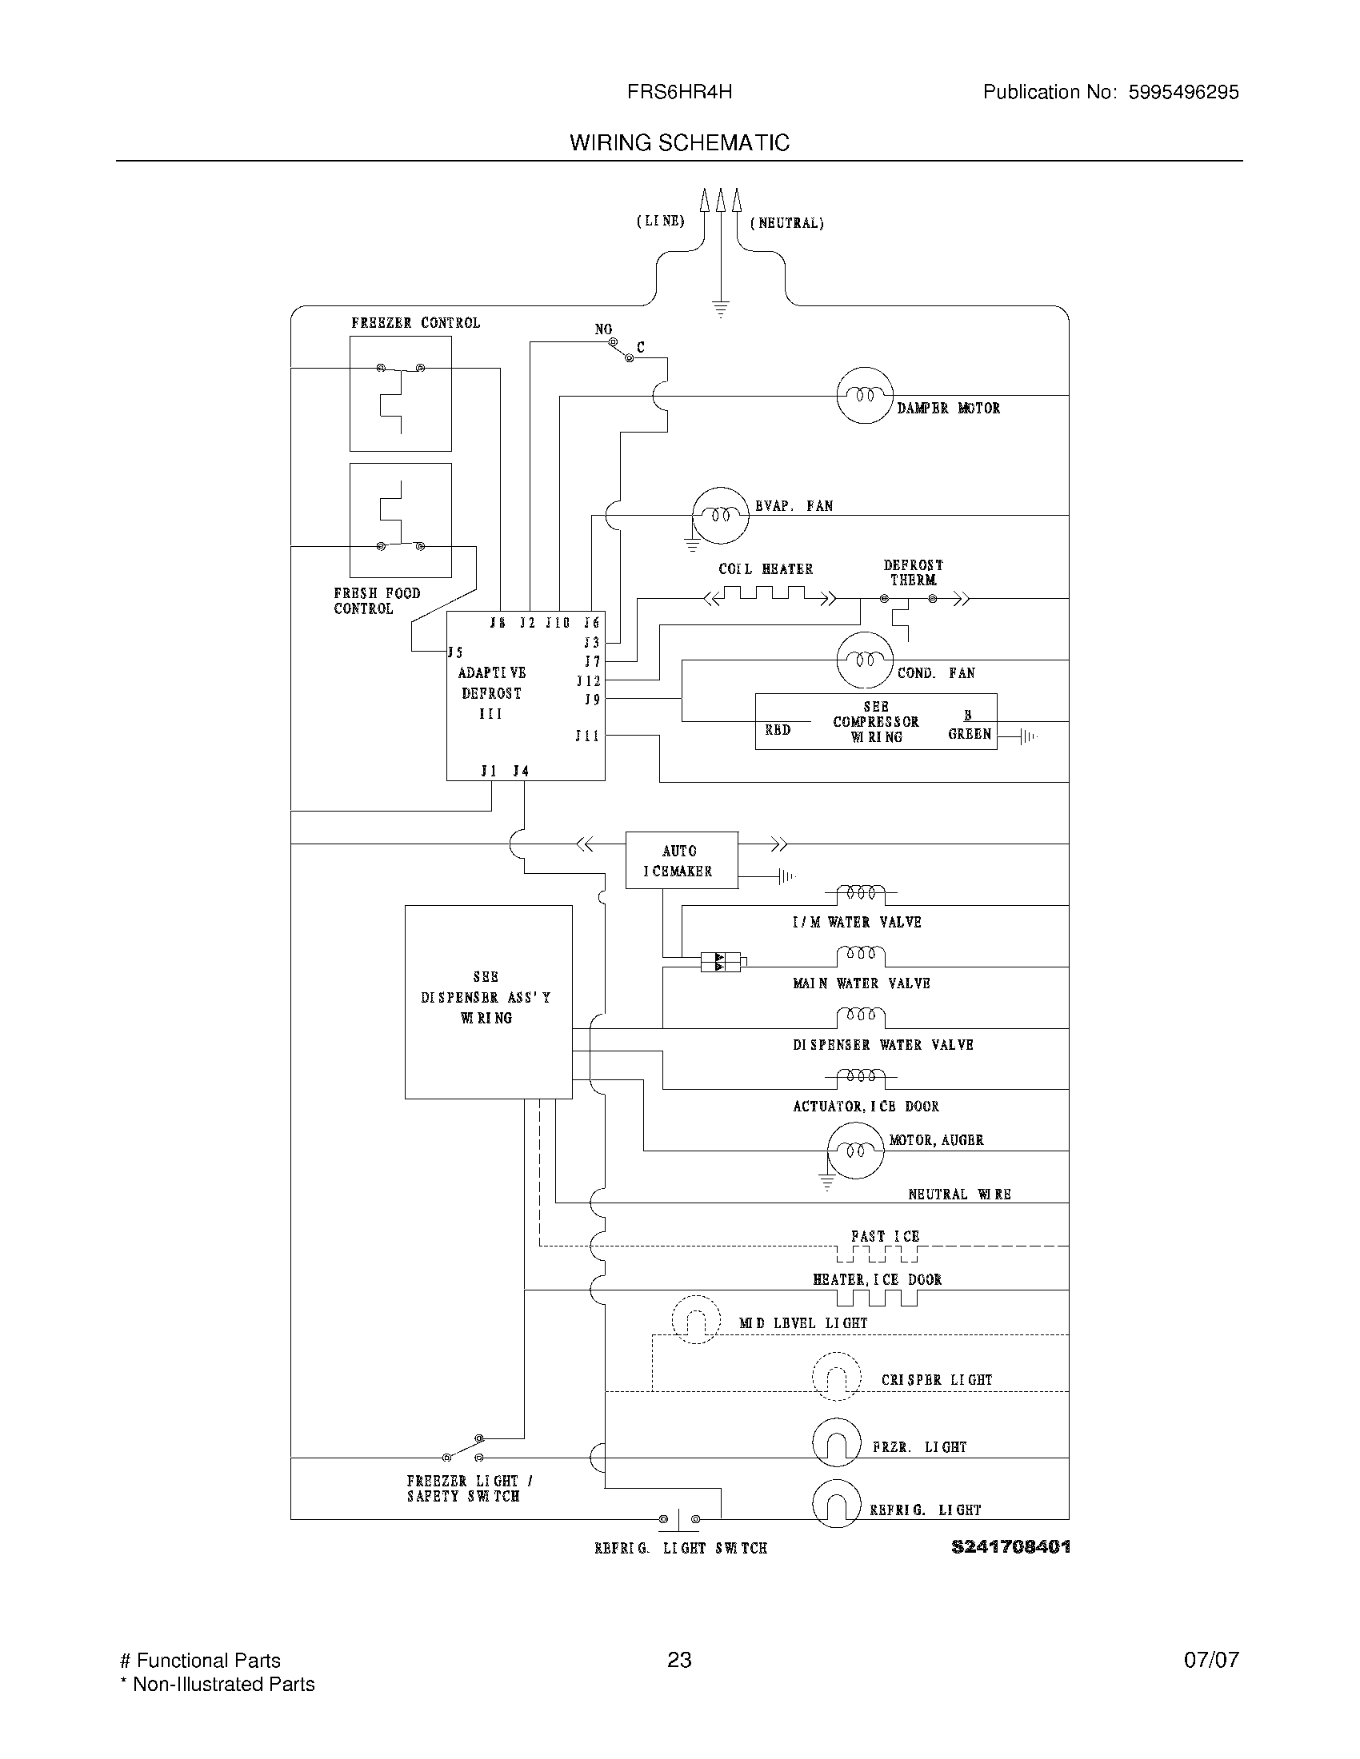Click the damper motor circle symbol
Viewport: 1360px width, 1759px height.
865,395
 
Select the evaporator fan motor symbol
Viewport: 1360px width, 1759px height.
720,516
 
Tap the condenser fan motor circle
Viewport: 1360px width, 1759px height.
865,660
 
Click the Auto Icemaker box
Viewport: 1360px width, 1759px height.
681,860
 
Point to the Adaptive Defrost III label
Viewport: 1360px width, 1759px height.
491,692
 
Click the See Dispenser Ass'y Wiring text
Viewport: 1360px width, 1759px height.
486,997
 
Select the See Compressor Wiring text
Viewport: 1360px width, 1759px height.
876,722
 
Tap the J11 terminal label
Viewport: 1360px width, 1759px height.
587,736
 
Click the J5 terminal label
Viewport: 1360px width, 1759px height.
456,652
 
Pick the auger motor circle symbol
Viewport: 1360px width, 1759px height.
856,1150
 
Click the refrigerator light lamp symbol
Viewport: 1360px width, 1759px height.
836,1504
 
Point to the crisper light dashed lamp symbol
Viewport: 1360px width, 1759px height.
836,1377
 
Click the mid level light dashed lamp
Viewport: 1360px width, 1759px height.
695,1319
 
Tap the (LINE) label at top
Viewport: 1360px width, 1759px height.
661,221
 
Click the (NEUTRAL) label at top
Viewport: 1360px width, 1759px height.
787,223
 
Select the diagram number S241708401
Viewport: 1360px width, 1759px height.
1010,1546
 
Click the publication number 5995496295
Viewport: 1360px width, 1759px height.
1182,92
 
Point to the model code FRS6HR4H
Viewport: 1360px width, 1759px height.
679,92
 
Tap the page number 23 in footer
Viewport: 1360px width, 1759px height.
679,1660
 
